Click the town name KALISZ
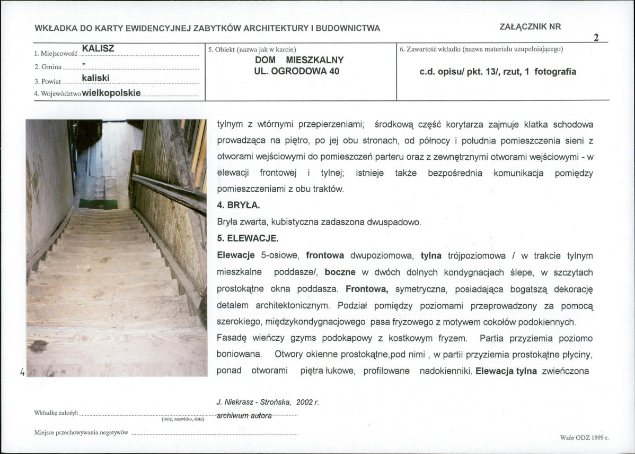click(x=98, y=49)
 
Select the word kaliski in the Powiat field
click(x=95, y=78)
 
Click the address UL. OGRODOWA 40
click(x=296, y=71)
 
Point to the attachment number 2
click(x=596, y=38)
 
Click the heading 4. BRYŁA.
click(x=239, y=205)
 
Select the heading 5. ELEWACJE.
click(x=248, y=238)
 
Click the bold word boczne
click(x=339, y=272)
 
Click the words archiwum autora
click(x=244, y=415)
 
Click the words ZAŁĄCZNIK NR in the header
click(x=530, y=27)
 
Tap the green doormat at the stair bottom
click(x=98, y=203)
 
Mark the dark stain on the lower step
click(x=38, y=346)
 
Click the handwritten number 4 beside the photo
click(x=22, y=372)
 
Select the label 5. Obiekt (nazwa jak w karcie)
click(x=252, y=49)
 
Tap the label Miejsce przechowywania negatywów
click(x=81, y=433)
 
